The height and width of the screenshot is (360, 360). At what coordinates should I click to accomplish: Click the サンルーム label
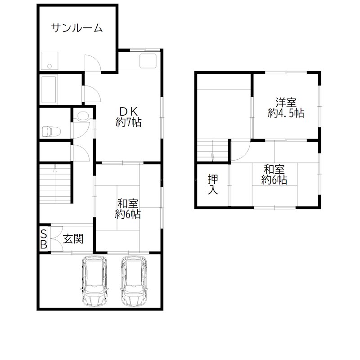[77, 28]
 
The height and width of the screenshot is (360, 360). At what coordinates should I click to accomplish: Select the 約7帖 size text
[128, 122]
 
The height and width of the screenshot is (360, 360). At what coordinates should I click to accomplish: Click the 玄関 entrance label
[72, 239]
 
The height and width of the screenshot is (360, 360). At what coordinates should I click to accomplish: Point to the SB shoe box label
[44, 239]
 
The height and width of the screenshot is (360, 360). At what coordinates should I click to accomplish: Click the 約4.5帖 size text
[286, 113]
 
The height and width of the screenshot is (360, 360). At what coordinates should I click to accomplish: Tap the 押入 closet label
[213, 184]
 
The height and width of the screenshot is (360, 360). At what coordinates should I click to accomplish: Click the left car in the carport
[94, 281]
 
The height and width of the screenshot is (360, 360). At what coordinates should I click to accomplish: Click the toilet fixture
[50, 131]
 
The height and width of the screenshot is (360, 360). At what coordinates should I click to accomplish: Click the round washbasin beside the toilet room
[82, 116]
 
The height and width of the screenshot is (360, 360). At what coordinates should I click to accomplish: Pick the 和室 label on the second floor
[274, 170]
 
